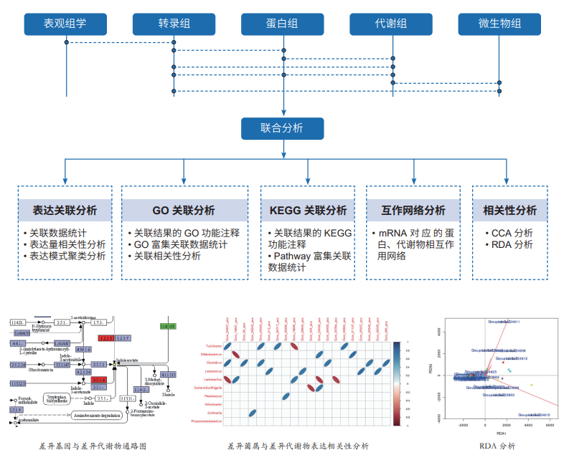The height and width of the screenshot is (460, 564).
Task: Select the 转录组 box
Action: pos(174,23)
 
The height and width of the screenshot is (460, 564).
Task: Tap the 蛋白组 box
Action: pos(283,23)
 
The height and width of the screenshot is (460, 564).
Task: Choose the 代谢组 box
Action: pos(391,23)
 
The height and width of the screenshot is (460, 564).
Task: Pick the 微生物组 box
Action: pos(500,23)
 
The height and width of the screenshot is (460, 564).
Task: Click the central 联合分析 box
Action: pos(282,129)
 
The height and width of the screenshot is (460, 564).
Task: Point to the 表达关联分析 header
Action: pos(65,211)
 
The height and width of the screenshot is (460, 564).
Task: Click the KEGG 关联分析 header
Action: pos(308,211)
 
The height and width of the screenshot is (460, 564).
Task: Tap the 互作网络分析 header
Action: pos(413,211)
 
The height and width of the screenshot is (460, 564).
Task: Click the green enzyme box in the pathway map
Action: pos(168,326)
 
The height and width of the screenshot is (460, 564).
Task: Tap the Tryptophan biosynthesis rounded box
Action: pos(57,398)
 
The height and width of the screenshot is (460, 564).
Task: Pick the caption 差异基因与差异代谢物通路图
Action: pos(93,446)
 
